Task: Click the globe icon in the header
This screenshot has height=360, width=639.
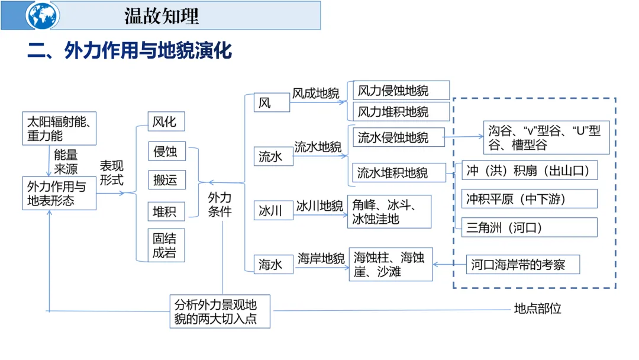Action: [43, 15]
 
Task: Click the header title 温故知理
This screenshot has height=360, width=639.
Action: [161, 16]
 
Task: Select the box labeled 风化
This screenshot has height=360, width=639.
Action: [165, 121]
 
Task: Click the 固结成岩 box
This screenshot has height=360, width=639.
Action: [166, 246]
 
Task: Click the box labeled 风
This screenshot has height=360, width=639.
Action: [272, 102]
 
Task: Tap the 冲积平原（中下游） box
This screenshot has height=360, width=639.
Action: [529, 199]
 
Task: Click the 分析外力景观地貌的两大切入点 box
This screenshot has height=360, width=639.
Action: [220, 311]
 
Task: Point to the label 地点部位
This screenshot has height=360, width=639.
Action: [537, 308]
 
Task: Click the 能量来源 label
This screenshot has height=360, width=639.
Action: [66, 161]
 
